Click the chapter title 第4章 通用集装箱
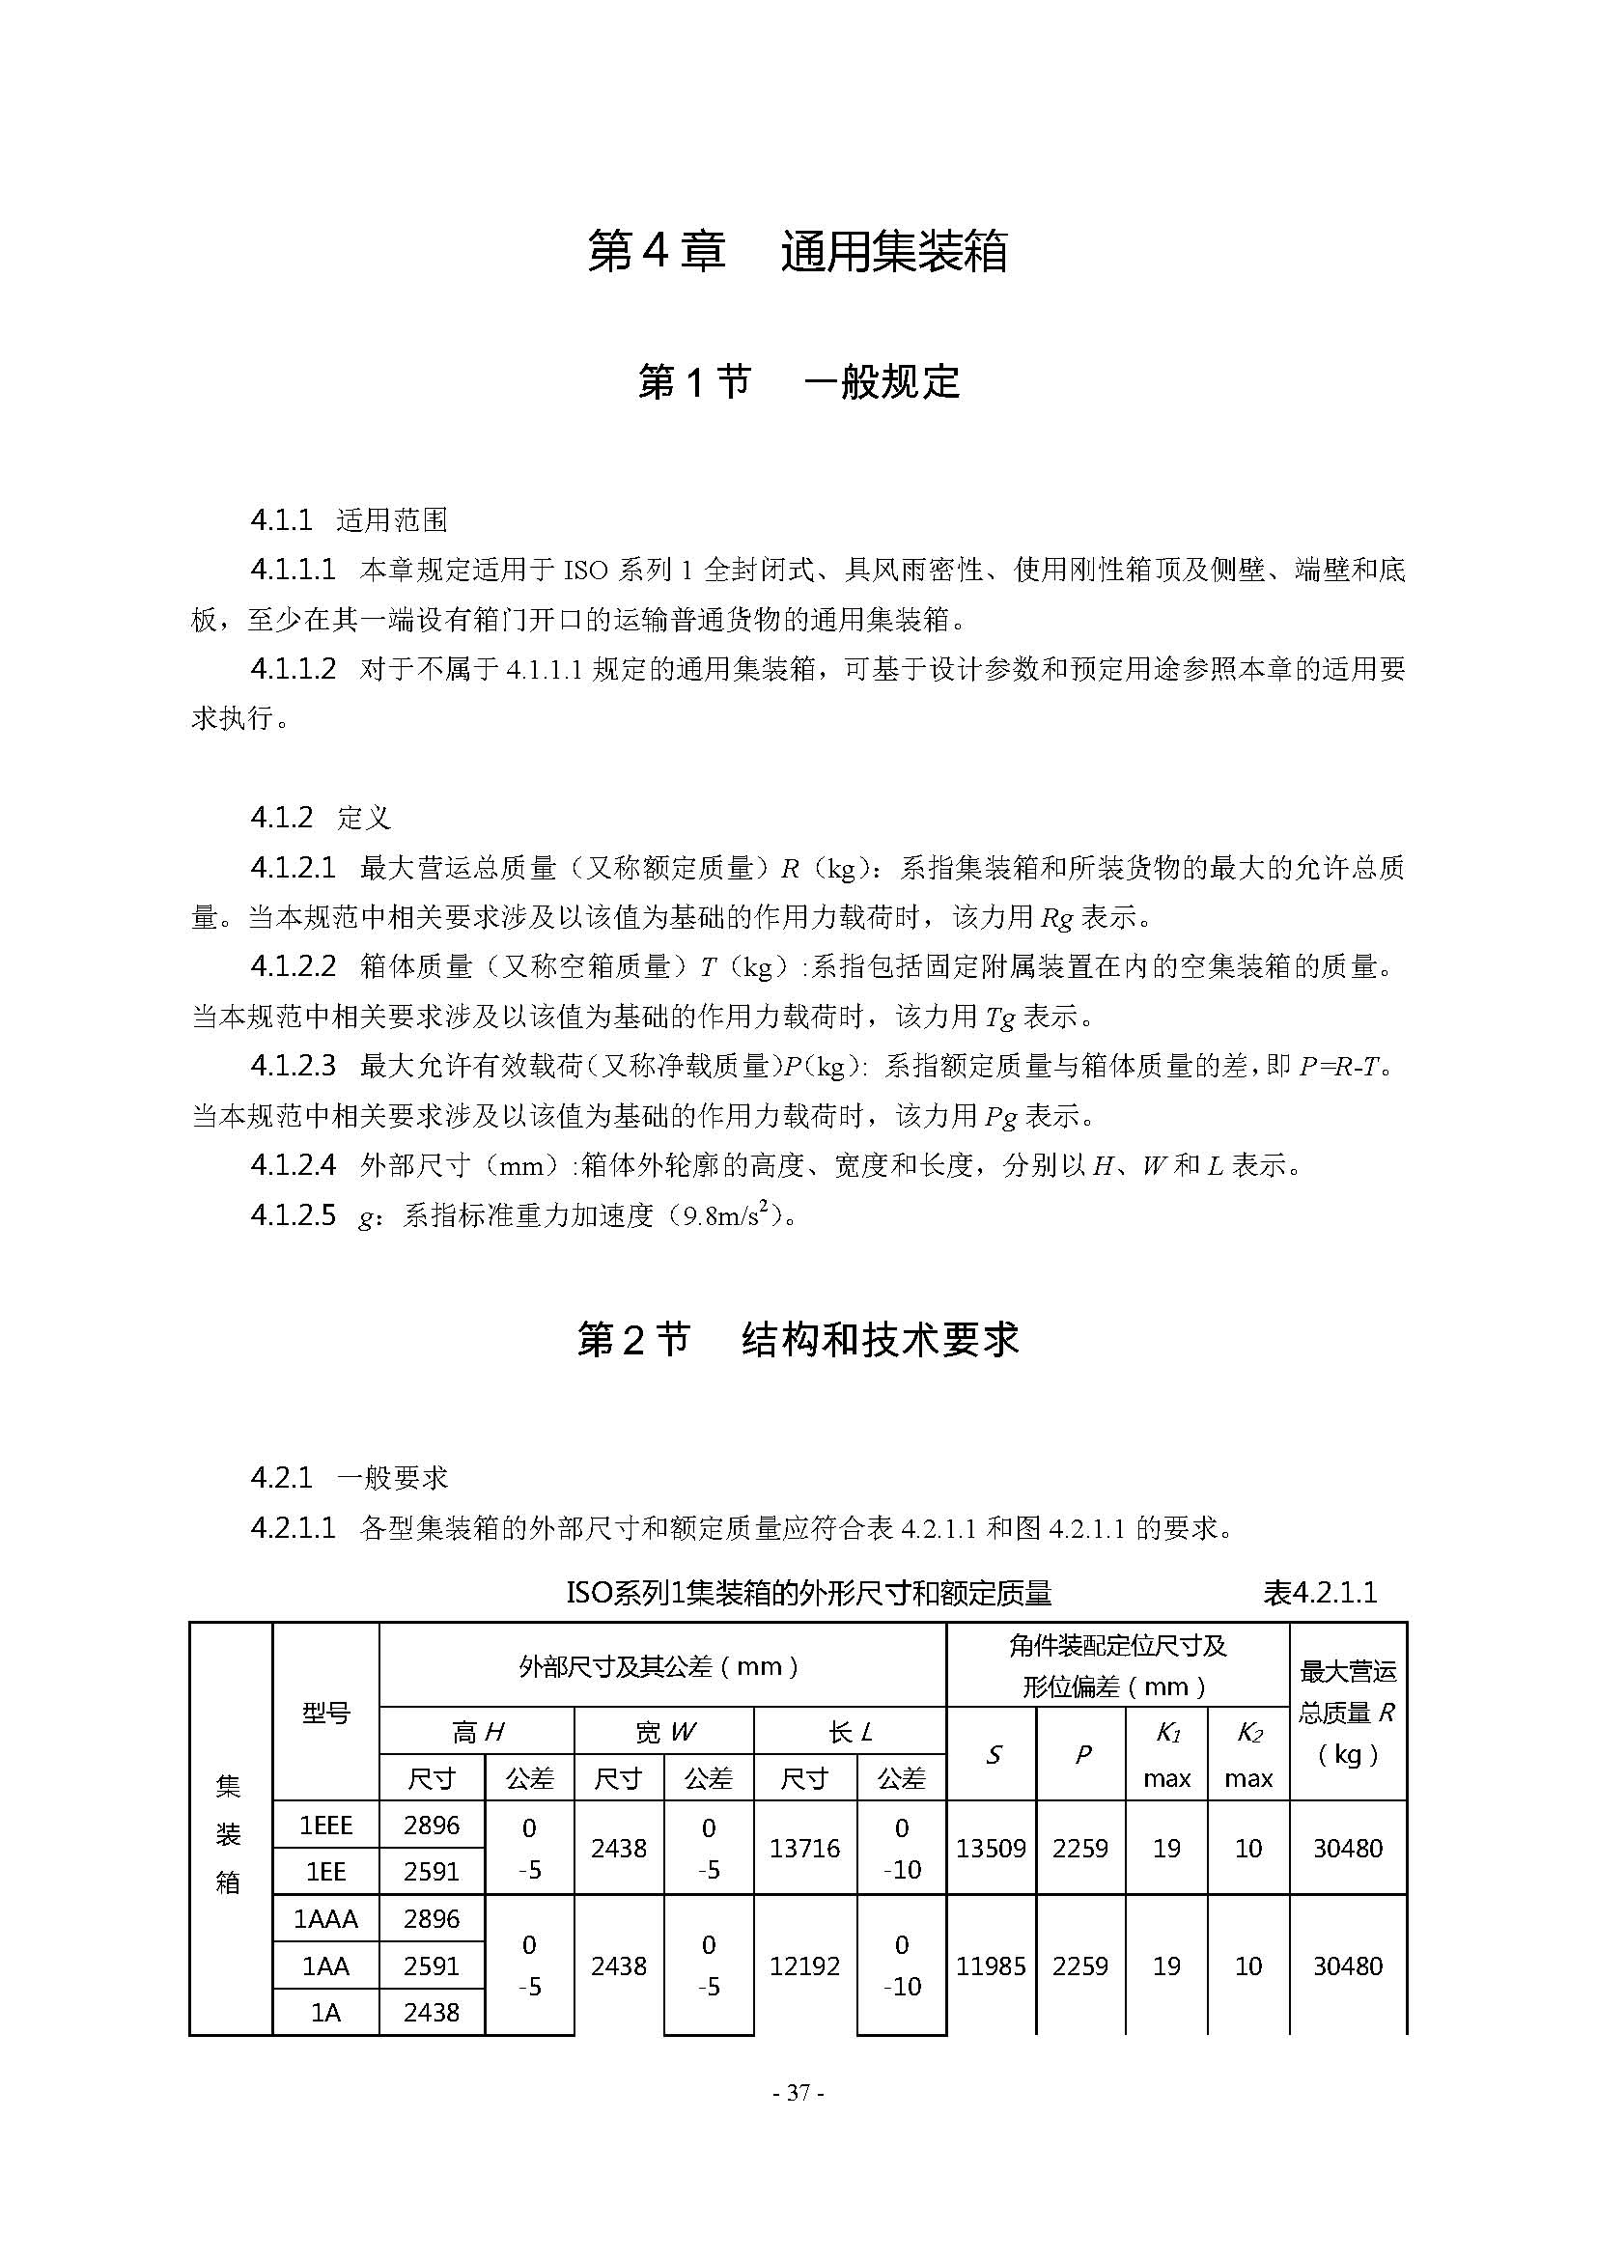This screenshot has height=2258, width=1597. (798, 252)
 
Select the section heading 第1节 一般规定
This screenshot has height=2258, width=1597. (798, 381)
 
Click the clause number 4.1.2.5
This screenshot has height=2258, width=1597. (294, 1215)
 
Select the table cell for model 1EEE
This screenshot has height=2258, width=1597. (325, 1826)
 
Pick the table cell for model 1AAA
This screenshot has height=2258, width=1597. (325, 1919)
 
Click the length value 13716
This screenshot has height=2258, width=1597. (804, 1849)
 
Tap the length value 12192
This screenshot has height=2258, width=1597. (804, 1965)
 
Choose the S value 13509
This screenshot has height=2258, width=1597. (992, 1849)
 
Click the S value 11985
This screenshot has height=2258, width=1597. (992, 1965)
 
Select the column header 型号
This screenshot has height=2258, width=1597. (325, 1714)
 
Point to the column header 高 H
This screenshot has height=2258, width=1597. (477, 1733)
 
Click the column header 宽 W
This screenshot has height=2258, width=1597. (664, 1733)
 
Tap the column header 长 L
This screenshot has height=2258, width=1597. (851, 1733)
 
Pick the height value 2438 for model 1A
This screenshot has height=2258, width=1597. (432, 2012)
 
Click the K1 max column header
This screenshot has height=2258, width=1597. (1167, 1754)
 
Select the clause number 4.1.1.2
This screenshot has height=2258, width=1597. (294, 670)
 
